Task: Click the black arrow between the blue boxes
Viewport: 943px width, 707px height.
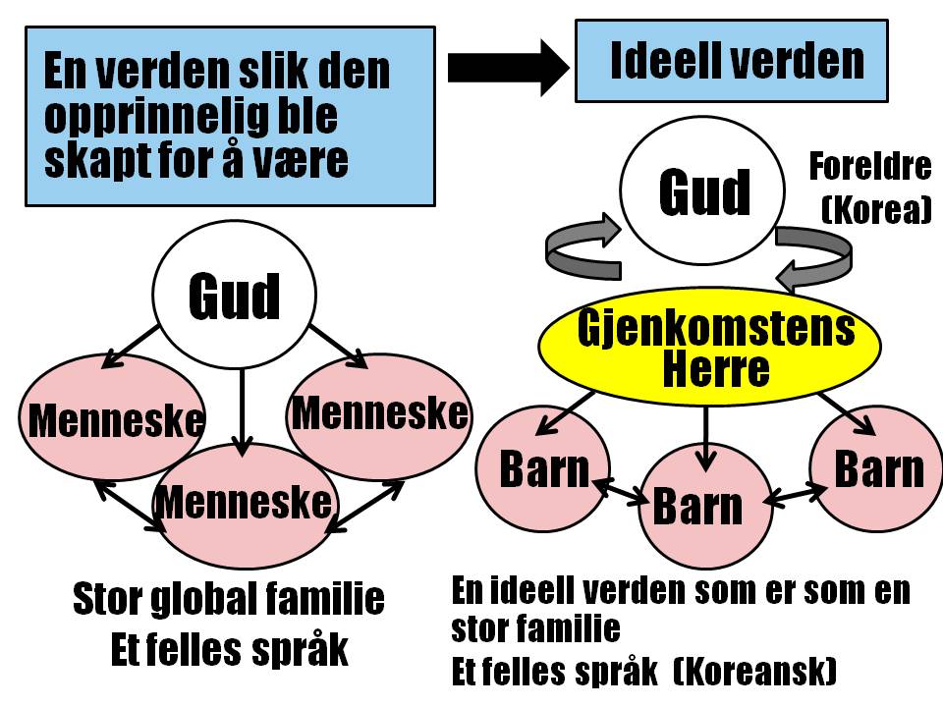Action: (x=507, y=67)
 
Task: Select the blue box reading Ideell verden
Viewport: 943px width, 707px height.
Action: (x=731, y=61)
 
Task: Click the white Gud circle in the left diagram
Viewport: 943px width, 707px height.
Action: (x=234, y=296)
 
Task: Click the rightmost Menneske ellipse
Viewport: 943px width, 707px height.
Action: (x=378, y=413)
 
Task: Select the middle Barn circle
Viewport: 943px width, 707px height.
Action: (x=699, y=506)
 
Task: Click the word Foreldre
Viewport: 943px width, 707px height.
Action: (x=869, y=167)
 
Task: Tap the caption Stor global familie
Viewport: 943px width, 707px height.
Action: (x=229, y=599)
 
